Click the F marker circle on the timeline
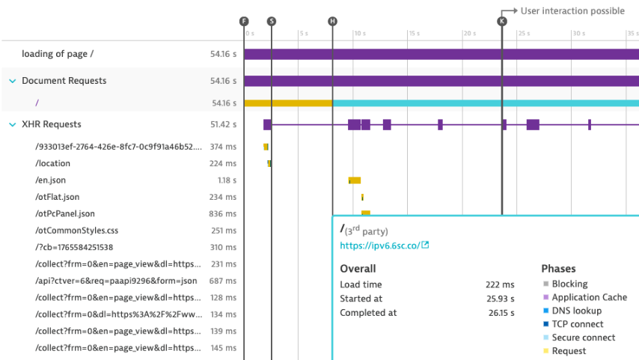click(244, 21)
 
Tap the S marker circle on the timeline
click(271, 21)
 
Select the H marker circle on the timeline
click(332, 21)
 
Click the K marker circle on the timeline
click(501, 21)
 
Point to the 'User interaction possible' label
click(572, 11)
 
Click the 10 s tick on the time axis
click(359, 34)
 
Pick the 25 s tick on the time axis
click(523, 34)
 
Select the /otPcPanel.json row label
click(64, 213)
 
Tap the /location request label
click(52, 163)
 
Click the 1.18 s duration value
click(226, 180)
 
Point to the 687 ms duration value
click(223, 281)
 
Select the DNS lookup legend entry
click(577, 311)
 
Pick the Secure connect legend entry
click(583, 338)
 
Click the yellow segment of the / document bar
click(288, 103)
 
